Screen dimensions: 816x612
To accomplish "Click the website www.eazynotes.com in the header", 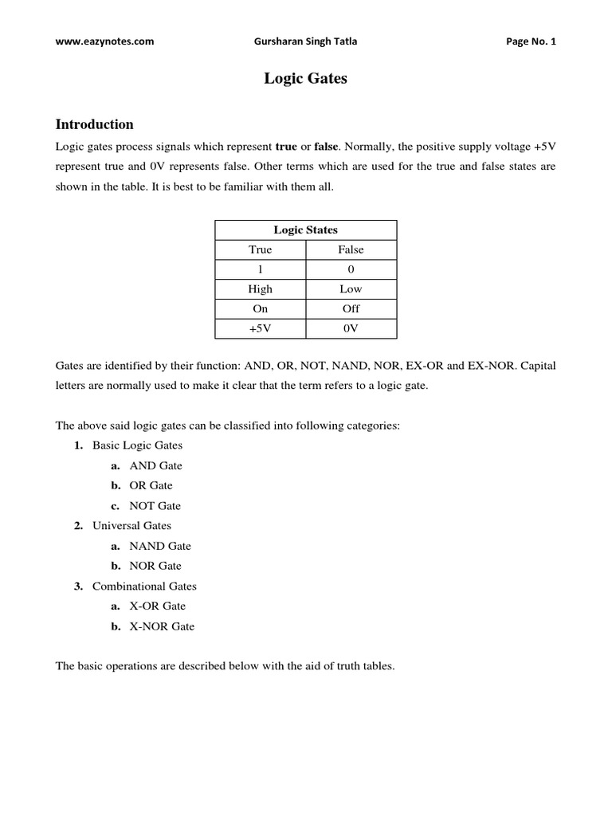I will click(104, 42).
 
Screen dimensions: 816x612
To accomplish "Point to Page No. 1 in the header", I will click(531, 42).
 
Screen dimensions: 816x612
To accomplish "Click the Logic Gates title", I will click(306, 79).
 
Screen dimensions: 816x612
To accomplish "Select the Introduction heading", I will click(94, 124).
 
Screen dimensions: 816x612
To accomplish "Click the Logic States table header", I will click(305, 229).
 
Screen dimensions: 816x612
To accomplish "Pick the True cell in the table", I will click(260, 249).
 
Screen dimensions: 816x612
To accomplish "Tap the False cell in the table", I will click(351, 249).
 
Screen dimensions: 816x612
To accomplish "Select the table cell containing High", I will click(260, 289).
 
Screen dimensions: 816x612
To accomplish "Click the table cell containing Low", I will click(351, 289).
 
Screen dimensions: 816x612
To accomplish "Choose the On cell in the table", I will click(260, 309).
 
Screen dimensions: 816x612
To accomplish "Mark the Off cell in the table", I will click(351, 309).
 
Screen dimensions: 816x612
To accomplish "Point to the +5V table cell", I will click(260, 329).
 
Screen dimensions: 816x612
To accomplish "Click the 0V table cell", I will click(351, 329).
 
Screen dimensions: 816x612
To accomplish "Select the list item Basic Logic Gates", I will click(137, 445).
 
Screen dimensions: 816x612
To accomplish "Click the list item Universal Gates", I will click(131, 526).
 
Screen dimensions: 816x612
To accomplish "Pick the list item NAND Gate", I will click(160, 546).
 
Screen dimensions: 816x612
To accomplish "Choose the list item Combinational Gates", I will click(144, 586).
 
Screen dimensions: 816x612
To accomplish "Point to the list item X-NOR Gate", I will click(162, 626).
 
